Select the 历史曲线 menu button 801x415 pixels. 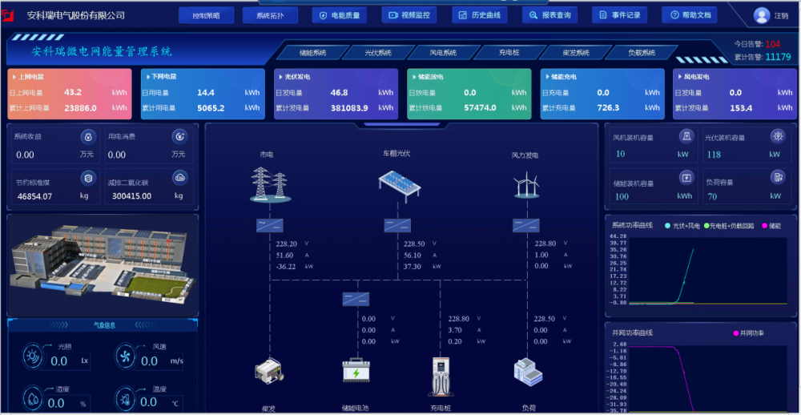[480, 15]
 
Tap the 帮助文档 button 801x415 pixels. [689, 15]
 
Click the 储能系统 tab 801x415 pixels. [312, 53]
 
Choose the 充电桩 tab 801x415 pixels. [509, 53]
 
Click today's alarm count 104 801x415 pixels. [773, 44]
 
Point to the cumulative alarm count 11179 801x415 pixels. [778, 57]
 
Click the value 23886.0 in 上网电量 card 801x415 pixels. [80, 108]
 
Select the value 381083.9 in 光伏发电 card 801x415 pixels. [349, 108]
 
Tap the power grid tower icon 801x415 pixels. [269, 183]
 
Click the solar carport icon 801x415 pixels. [400, 182]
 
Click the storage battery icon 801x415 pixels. [356, 371]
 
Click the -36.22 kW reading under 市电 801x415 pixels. [286, 267]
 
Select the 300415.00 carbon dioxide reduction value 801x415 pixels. [132, 196]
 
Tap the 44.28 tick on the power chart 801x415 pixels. [618, 237]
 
